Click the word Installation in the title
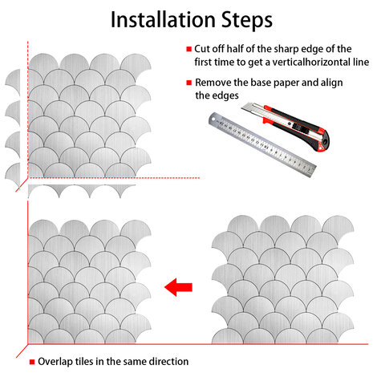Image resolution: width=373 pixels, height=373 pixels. pyautogui.click(x=163, y=20)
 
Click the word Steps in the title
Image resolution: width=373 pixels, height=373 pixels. pyautogui.click(x=247, y=21)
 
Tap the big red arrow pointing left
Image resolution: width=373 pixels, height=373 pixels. pyautogui.click(x=178, y=287)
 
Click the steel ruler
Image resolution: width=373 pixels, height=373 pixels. pyautogui.click(x=262, y=144)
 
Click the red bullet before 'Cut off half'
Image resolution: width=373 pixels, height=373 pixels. pyautogui.click(x=189, y=49)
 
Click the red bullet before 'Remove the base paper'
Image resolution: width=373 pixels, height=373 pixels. pyautogui.click(x=189, y=83)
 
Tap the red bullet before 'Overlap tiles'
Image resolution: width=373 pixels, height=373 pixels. pyautogui.click(x=32, y=362)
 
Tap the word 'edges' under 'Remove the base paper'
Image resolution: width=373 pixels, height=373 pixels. pyautogui.click(x=225, y=95)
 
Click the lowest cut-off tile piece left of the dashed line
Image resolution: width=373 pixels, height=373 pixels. pyautogui.click(x=14, y=175)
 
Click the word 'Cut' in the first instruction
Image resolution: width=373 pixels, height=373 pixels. pyautogui.click(x=202, y=49)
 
